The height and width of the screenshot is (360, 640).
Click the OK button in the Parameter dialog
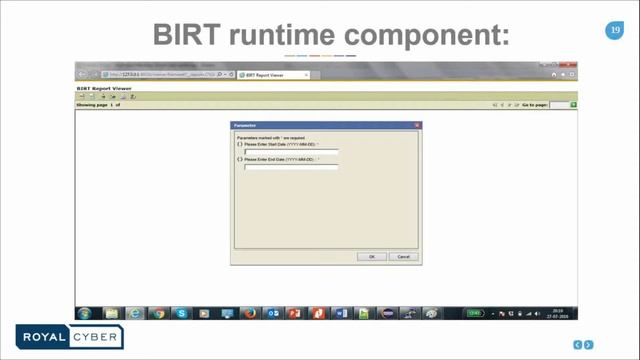(x=371, y=256)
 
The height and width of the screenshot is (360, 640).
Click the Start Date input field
(x=291, y=152)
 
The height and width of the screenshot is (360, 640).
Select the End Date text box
(x=291, y=167)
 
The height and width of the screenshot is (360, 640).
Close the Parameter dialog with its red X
(x=417, y=125)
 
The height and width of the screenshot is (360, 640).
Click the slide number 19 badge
(x=615, y=32)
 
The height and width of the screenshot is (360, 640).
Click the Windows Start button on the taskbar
(x=85, y=313)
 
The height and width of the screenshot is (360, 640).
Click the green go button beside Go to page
(x=574, y=104)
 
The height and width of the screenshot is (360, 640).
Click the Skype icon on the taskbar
(x=182, y=313)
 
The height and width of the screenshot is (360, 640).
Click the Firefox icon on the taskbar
(x=251, y=313)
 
